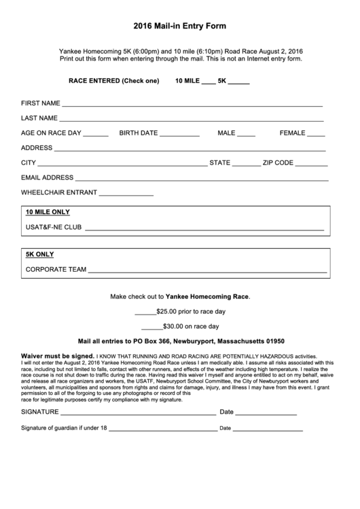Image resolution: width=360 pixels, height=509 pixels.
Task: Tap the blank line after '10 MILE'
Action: (208, 82)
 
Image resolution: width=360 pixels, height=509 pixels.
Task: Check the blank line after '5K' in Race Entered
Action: (239, 82)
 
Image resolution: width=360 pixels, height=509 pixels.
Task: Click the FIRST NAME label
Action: (41, 104)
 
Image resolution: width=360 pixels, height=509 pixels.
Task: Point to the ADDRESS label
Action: (37, 147)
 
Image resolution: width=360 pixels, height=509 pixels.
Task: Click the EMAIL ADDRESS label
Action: (47, 177)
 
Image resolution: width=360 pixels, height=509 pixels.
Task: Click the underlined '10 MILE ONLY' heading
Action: (48, 212)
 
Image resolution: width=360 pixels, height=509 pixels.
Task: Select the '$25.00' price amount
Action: (167, 311)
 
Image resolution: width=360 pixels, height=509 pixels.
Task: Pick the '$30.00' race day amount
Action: (172, 326)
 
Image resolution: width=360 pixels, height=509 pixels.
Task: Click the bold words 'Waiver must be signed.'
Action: (58, 355)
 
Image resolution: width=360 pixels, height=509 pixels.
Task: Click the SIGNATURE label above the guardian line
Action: (41, 412)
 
